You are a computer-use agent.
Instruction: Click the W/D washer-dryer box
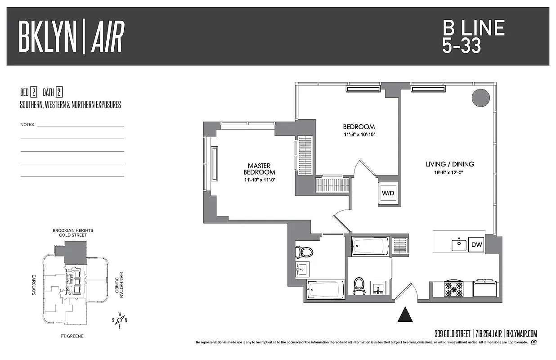click(388, 193)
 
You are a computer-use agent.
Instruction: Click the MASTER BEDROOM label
click(259, 169)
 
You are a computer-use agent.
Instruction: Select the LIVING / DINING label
click(449, 164)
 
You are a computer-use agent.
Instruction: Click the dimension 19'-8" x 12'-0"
click(449, 172)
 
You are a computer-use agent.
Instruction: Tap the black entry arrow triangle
click(405, 314)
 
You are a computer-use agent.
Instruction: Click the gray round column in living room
click(480, 98)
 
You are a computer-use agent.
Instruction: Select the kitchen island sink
click(459, 245)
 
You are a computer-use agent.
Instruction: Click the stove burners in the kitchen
click(451, 288)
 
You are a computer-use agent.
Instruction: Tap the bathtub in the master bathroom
click(326, 289)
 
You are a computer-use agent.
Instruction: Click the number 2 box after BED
click(33, 93)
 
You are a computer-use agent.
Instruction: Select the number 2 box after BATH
click(59, 93)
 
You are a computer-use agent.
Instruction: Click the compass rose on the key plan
click(120, 320)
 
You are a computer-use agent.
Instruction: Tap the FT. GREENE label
click(72, 336)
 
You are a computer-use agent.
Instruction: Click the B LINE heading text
click(473, 28)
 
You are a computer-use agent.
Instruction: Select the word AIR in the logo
click(108, 37)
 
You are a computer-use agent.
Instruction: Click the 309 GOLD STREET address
click(452, 334)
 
